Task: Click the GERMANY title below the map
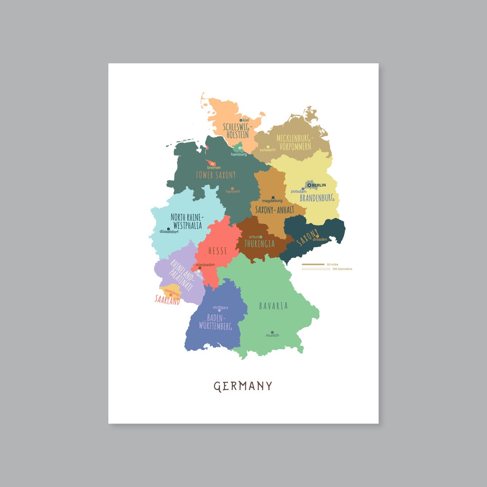pos(243,386)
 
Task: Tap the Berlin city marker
pos(309,185)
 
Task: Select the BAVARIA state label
pos(273,306)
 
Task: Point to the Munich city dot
pos(272,332)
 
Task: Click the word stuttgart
pos(221,308)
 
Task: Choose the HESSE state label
pos(217,251)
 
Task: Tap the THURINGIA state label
pos(259,243)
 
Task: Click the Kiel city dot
pos(241,120)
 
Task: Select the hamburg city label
pos(239,154)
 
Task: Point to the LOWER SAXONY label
pos(216,175)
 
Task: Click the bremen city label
pos(214,168)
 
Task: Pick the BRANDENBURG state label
pos(317,198)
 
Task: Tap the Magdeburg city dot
pos(273,198)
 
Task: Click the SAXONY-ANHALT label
pos(275,210)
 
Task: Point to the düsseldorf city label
pos(169,232)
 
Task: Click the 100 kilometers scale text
pos(342,269)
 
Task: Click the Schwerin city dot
pos(268,147)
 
